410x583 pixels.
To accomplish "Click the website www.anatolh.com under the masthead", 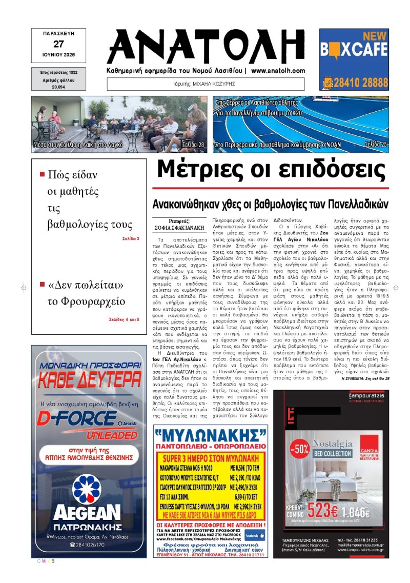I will pos(278,71).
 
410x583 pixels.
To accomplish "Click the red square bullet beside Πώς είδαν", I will pos(42,174).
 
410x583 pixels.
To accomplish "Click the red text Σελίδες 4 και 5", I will pos(124,319).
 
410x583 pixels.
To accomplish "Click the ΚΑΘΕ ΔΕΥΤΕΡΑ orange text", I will pos(87,381).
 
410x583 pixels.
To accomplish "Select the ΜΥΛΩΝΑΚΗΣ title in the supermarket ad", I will pos(210,436).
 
